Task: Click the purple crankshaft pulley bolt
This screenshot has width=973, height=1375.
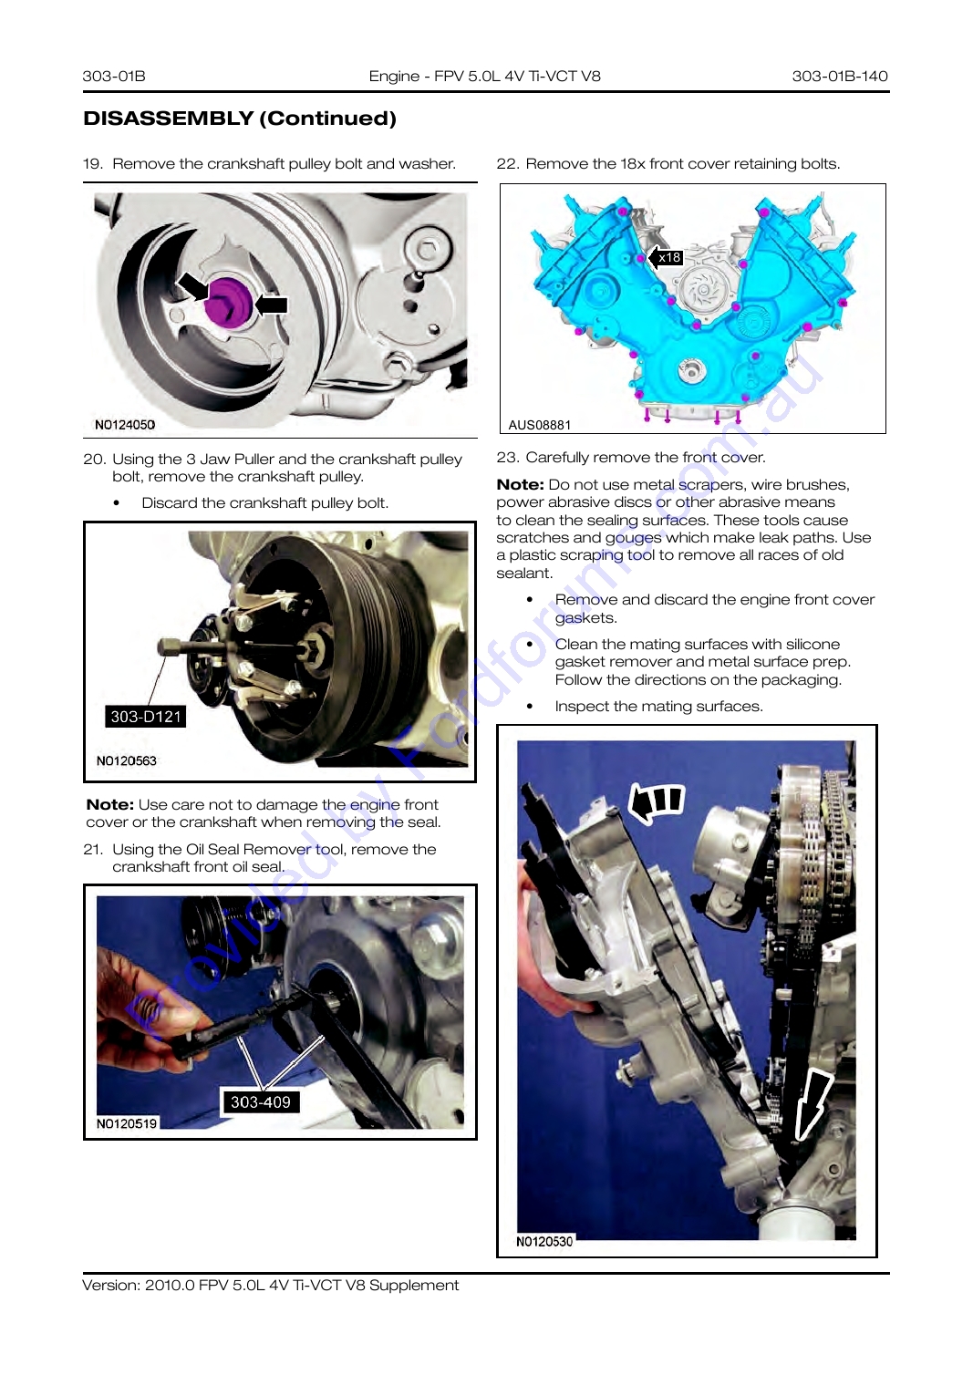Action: click(228, 301)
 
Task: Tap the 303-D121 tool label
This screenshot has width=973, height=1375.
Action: click(146, 717)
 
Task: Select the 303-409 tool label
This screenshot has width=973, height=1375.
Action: click(260, 1101)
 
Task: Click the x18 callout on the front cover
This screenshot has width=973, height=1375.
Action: click(666, 257)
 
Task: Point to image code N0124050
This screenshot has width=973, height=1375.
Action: click(125, 425)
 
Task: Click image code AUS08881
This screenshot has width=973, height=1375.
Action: click(540, 425)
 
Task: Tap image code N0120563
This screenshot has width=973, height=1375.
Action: click(126, 760)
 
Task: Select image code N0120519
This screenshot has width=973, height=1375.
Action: click(127, 1123)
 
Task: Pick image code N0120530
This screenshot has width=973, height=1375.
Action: click(543, 1241)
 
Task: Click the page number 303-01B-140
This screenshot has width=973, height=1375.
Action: click(840, 76)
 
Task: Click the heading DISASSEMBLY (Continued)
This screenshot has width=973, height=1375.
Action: click(240, 118)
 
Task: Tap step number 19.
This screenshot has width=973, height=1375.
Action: click(92, 164)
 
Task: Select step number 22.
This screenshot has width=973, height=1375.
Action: click(508, 164)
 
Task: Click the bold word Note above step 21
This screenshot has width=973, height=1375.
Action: click(110, 804)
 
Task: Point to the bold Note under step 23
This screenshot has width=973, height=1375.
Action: click(520, 484)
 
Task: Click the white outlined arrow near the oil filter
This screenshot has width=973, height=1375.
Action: click(813, 1101)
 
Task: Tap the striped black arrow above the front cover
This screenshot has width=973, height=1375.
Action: click(657, 802)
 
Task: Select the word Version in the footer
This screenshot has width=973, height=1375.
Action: click(111, 1285)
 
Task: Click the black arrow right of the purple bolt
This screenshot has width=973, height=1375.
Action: click(271, 305)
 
